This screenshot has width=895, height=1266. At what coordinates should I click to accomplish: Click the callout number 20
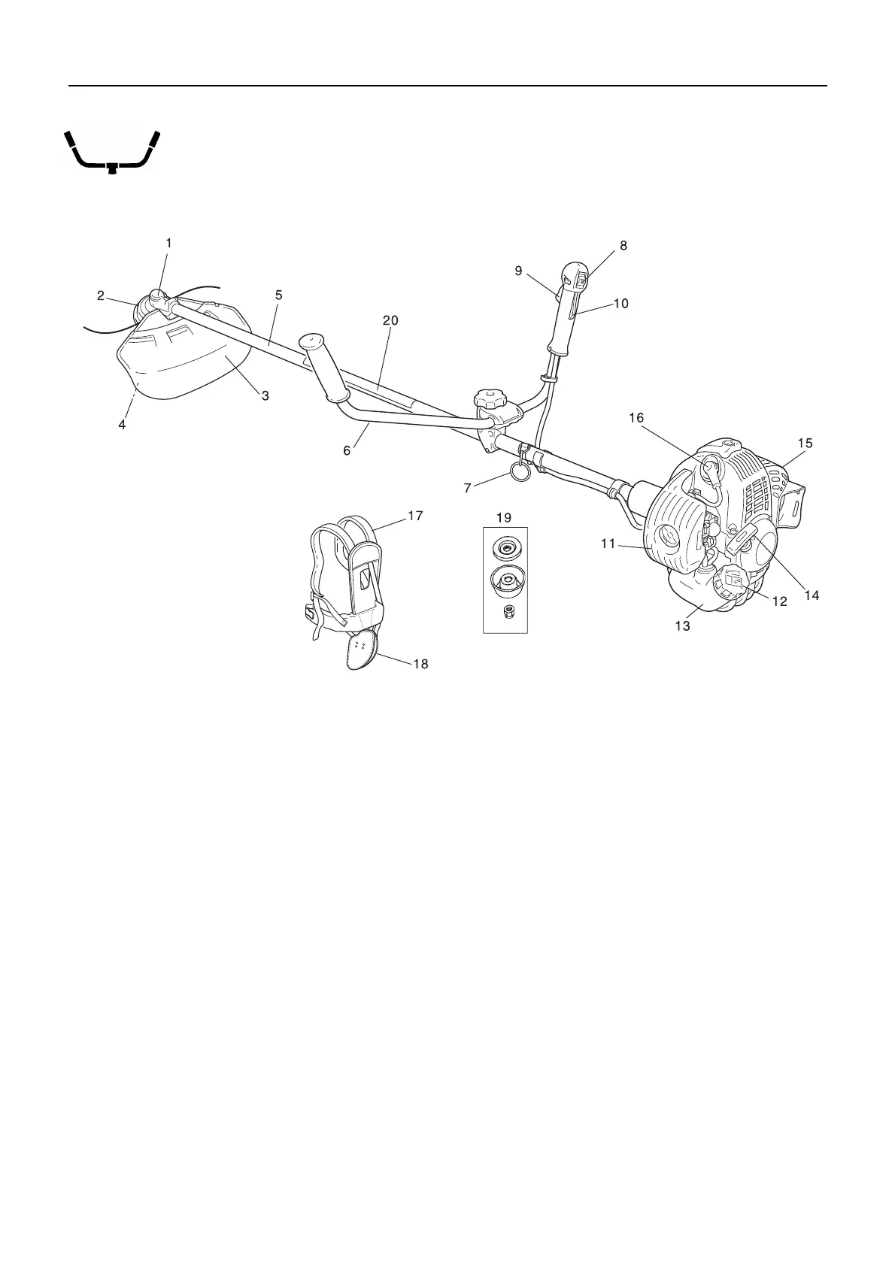tap(390, 320)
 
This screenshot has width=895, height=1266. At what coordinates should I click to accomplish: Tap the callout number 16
tap(636, 418)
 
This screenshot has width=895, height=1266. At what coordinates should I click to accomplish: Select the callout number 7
tap(468, 489)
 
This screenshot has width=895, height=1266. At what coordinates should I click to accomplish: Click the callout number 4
tap(122, 425)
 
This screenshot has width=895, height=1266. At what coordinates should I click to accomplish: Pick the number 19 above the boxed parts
tap(504, 518)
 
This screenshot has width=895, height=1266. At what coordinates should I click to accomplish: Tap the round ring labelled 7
tap(517, 471)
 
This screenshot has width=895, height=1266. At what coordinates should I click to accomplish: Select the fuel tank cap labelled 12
tap(733, 580)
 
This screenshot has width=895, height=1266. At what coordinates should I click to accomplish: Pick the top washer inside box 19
tap(507, 548)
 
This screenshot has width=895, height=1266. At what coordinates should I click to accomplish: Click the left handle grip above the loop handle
tap(323, 368)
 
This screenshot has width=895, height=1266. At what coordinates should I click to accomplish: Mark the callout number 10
tap(621, 304)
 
